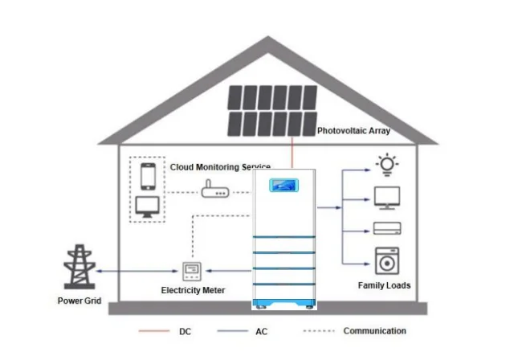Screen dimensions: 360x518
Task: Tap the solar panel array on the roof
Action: click(x=271, y=110)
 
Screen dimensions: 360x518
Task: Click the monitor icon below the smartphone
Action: click(x=147, y=207)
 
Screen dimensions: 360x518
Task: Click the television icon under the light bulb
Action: click(x=388, y=197)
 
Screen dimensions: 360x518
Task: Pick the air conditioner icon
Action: click(x=388, y=227)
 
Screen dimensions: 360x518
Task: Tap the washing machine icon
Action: click(x=388, y=261)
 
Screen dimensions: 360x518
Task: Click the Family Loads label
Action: click(x=384, y=285)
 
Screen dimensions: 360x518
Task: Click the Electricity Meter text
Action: click(x=193, y=290)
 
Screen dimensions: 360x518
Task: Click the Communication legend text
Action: click(x=374, y=330)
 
